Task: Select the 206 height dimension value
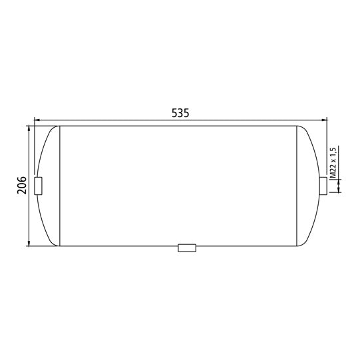click(21, 185)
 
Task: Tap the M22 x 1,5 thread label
click(333, 161)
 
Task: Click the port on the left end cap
click(38, 186)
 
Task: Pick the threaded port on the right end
click(323, 186)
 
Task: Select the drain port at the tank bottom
click(187, 248)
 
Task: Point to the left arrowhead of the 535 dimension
click(36, 120)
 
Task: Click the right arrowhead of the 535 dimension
click(325, 120)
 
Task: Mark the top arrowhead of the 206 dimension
click(29, 128)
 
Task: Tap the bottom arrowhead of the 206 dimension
click(29, 243)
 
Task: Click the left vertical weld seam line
click(61, 186)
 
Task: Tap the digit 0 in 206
click(21, 185)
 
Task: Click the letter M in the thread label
click(333, 174)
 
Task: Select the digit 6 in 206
click(21, 179)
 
